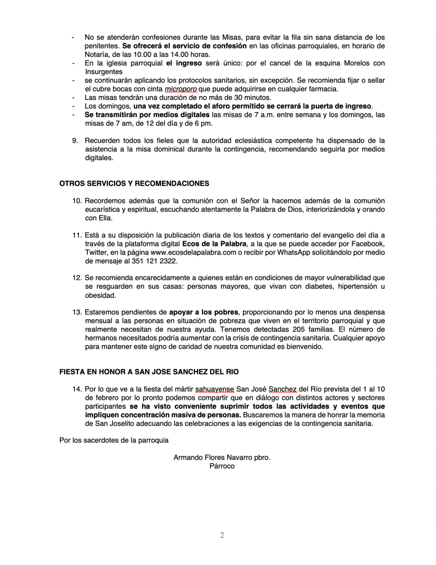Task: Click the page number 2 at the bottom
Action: (222, 535)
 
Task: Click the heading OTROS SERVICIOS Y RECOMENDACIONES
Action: (134, 183)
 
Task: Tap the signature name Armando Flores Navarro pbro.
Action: (222, 458)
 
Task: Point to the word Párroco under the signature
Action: (222, 466)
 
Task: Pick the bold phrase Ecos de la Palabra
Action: (214, 244)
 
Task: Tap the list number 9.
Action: (75, 140)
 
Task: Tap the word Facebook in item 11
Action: (368, 244)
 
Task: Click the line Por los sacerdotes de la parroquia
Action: (114, 440)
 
